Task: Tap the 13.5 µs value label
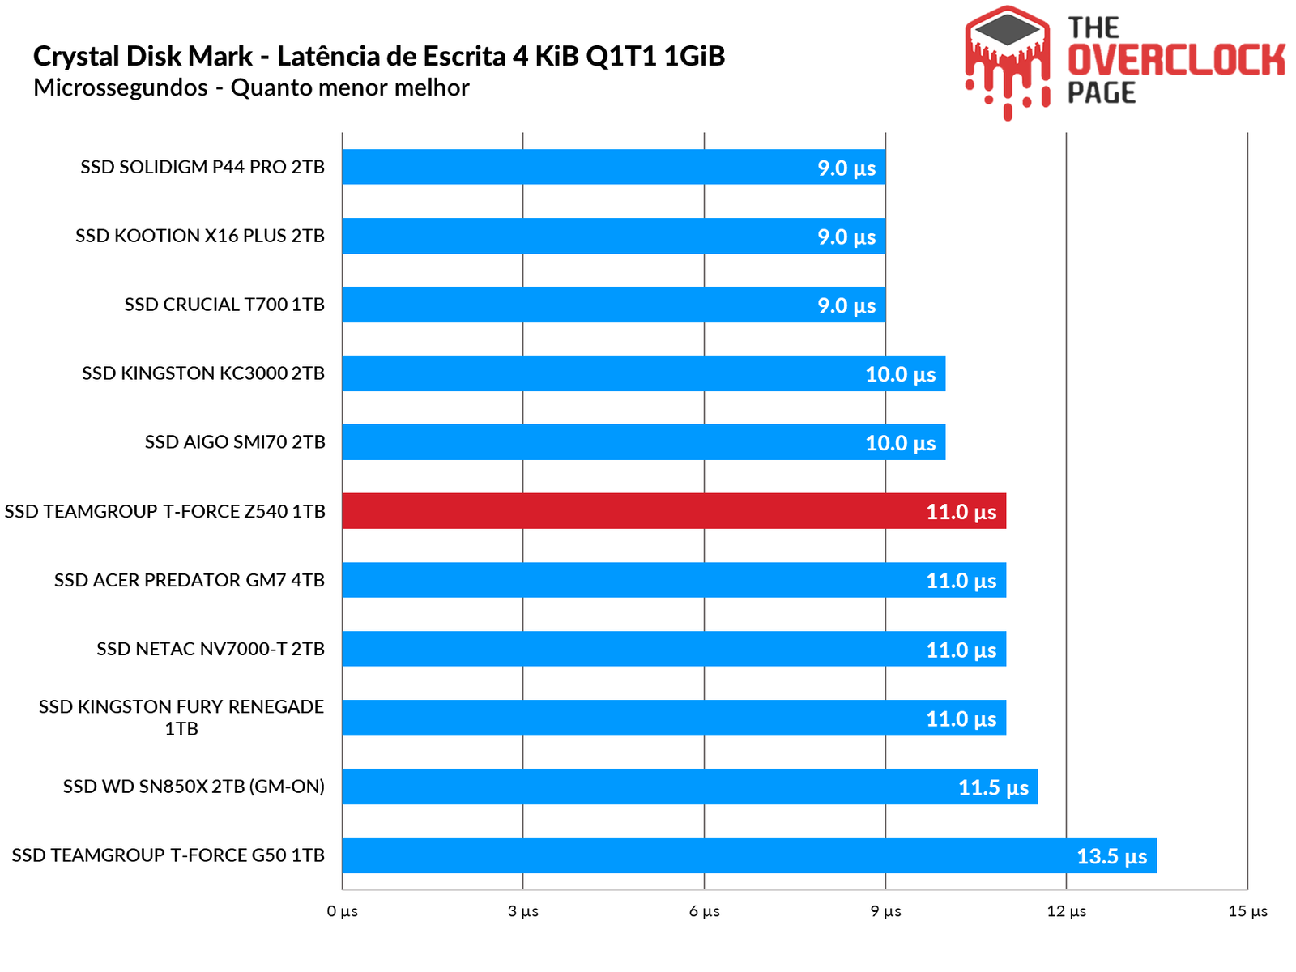[1111, 856]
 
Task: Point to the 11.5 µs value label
[993, 787]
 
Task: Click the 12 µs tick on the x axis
[1066, 911]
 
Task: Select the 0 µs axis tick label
[342, 911]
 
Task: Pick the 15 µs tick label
[1247, 911]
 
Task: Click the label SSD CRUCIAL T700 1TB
[224, 305]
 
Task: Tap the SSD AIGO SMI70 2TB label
[235, 442]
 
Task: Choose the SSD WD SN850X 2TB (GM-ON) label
[194, 787]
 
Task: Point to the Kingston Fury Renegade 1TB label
[181, 717]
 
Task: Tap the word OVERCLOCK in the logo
[1176, 61]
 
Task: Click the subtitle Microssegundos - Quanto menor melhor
[251, 87]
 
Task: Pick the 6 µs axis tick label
[704, 911]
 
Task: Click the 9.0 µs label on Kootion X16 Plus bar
[846, 237]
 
